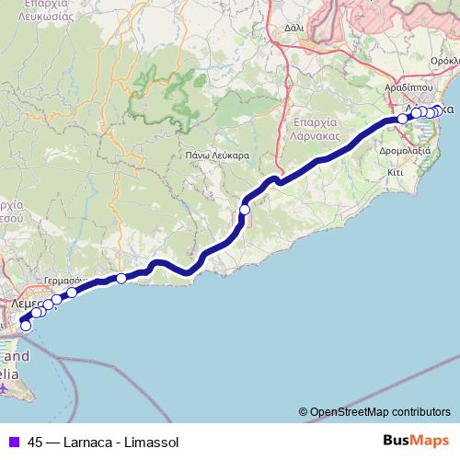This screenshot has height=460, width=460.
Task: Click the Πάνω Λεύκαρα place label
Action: click(x=217, y=155)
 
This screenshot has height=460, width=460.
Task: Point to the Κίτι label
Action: click(x=397, y=171)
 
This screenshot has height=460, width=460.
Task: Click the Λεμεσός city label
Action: click(x=28, y=302)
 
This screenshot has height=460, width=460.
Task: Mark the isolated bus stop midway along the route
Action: click(x=245, y=210)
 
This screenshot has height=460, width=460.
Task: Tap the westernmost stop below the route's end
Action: click(x=26, y=325)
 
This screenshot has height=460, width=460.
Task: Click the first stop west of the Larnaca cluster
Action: click(x=402, y=119)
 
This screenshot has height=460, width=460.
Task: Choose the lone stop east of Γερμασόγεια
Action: click(x=121, y=278)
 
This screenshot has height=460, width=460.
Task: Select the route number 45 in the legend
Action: click(x=36, y=442)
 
